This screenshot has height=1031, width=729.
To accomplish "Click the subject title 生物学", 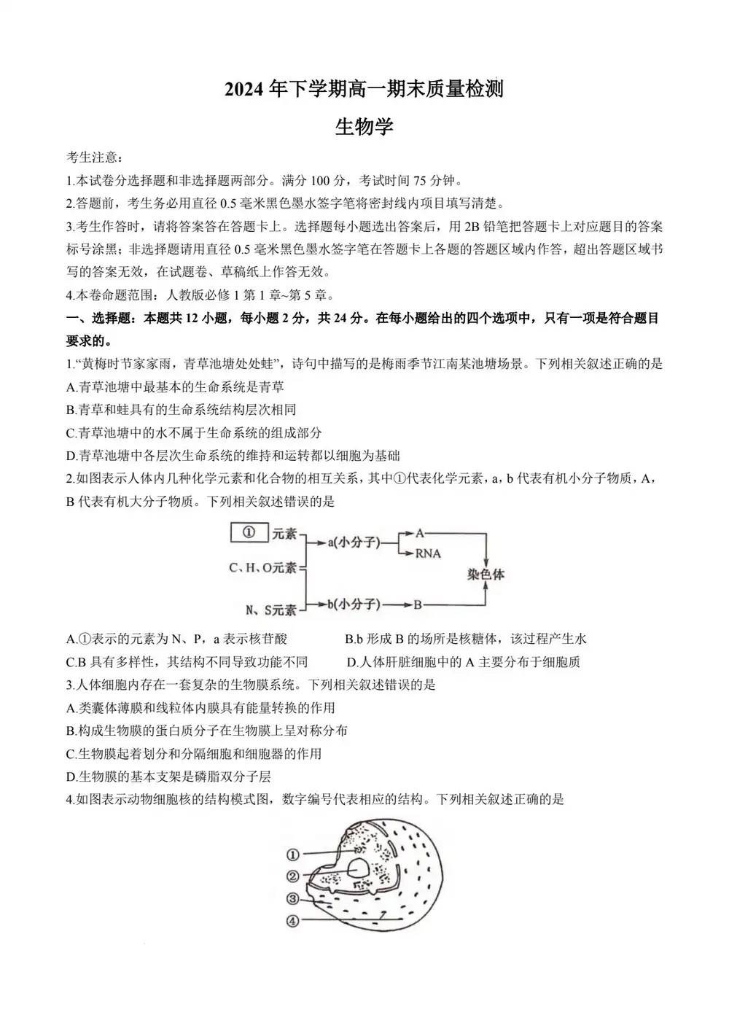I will click(364, 127).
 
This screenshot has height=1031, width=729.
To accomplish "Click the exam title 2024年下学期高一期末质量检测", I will click(364, 90).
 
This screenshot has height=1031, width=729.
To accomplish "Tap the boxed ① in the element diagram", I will click(249, 533).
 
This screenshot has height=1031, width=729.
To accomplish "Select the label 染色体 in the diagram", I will click(486, 574).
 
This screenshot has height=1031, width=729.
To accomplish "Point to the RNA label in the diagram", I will click(428, 553).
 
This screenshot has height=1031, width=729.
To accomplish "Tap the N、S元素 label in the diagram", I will click(270, 610).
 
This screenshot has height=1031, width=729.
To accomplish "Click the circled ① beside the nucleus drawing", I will click(293, 855).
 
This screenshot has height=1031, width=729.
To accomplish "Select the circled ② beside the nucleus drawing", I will click(293, 876).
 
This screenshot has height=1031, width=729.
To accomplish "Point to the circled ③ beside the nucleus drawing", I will click(293, 898).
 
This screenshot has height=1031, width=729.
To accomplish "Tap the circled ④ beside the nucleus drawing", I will click(293, 920).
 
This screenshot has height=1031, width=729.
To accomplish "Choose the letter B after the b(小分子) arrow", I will click(418, 604).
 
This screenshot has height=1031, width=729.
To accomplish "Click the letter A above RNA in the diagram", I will click(420, 533).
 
